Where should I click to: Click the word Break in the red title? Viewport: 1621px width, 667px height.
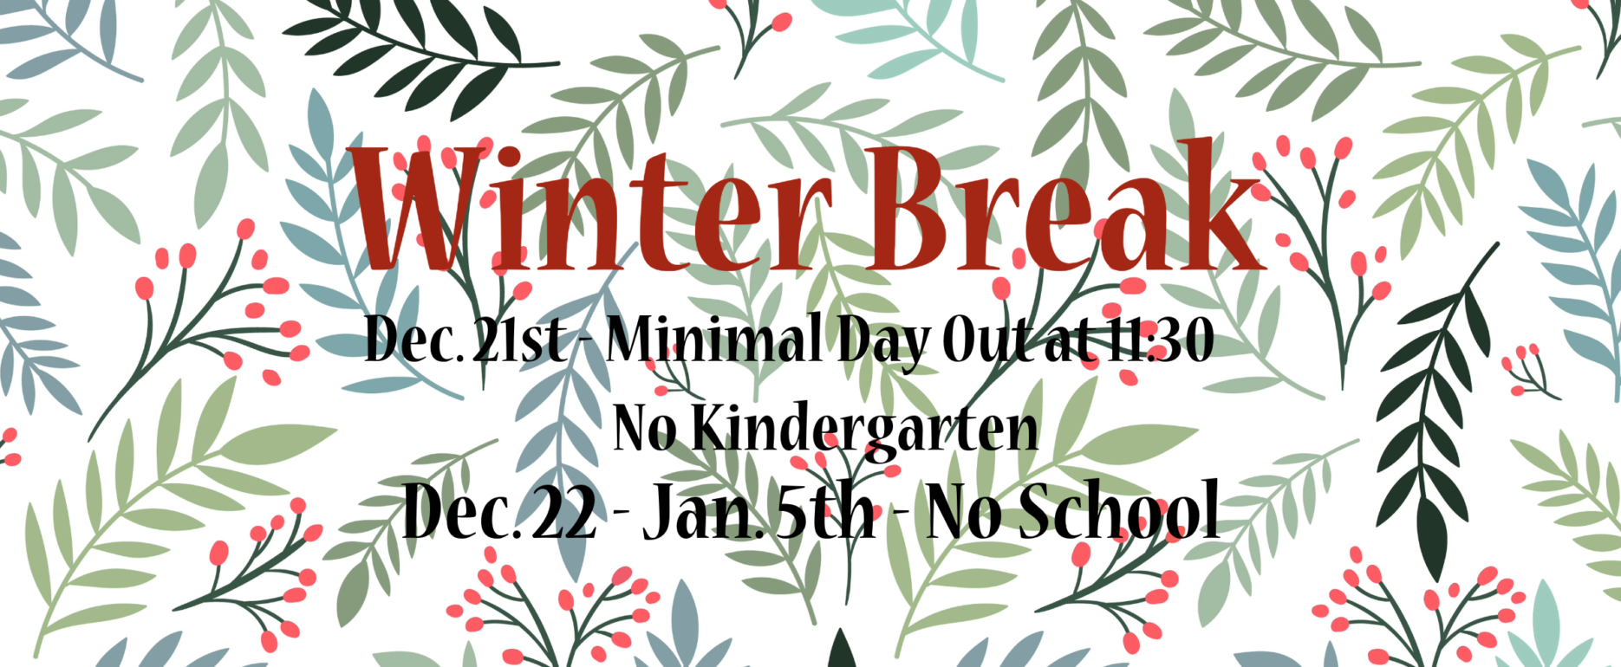click(x=1066, y=206)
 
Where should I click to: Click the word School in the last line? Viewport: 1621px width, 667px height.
click(x=1118, y=510)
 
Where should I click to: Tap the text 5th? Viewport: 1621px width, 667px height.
click(x=823, y=511)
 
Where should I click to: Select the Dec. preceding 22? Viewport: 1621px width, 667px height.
click(x=460, y=511)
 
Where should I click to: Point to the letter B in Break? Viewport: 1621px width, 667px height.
click(x=915, y=206)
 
